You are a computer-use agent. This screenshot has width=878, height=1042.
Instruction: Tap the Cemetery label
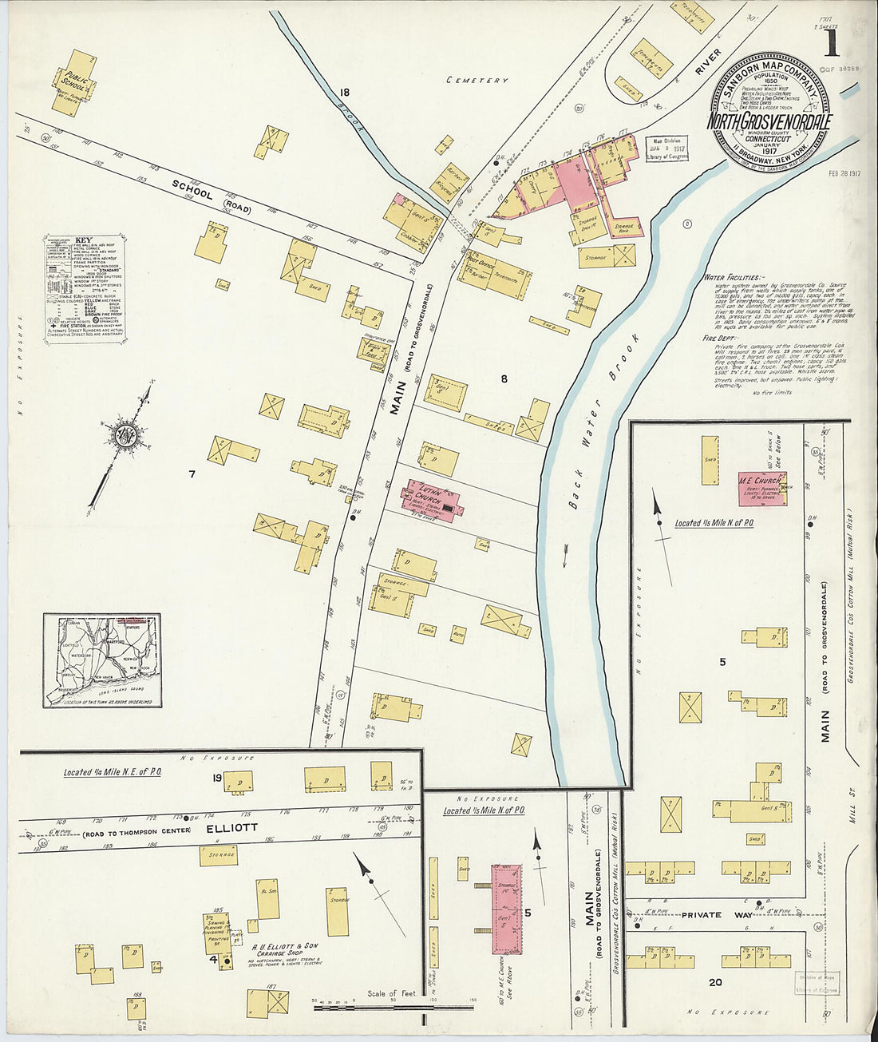click(x=477, y=80)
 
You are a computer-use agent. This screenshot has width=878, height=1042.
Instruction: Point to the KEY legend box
click(x=85, y=290)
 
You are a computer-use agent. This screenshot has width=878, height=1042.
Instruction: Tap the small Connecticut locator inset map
click(x=102, y=660)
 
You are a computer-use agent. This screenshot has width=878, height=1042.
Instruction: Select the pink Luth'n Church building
click(x=433, y=501)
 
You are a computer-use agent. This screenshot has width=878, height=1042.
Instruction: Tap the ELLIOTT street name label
click(x=231, y=828)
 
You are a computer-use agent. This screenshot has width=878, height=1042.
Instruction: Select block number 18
click(x=344, y=92)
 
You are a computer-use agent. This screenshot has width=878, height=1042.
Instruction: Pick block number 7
click(x=192, y=474)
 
